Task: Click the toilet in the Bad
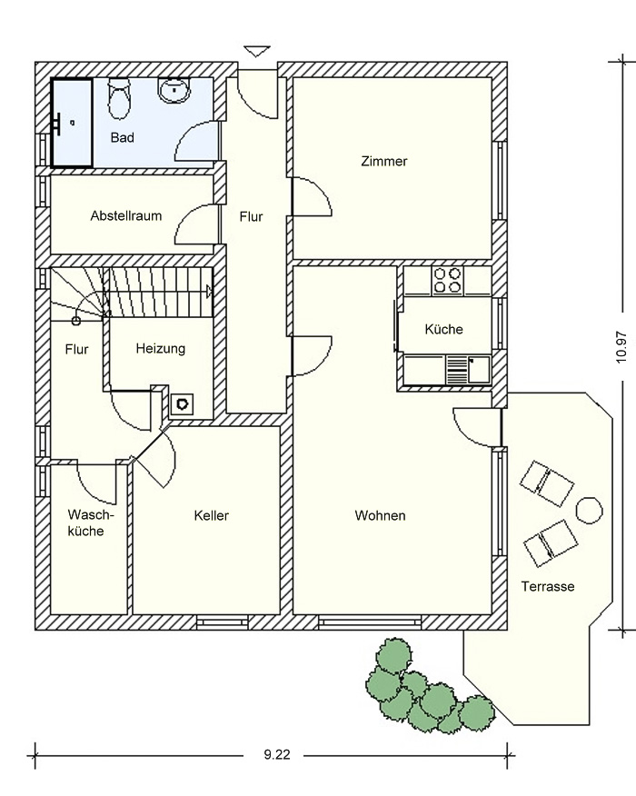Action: (119, 99)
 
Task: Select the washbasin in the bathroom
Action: (174, 90)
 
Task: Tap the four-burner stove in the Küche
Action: (448, 281)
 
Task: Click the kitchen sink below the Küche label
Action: (468, 370)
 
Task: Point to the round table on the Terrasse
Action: (590, 510)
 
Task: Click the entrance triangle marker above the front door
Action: (256, 51)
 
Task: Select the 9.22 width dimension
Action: (277, 755)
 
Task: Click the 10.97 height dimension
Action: (621, 348)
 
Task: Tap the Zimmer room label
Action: (383, 162)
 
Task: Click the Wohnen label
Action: (380, 516)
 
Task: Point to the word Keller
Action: (211, 516)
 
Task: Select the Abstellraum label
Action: (126, 215)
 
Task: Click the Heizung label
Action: (161, 349)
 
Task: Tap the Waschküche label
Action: (90, 522)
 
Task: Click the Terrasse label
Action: (548, 587)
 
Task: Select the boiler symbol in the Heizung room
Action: (182, 404)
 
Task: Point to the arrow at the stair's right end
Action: (209, 291)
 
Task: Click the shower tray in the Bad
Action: (72, 123)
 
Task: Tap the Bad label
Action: (123, 137)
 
